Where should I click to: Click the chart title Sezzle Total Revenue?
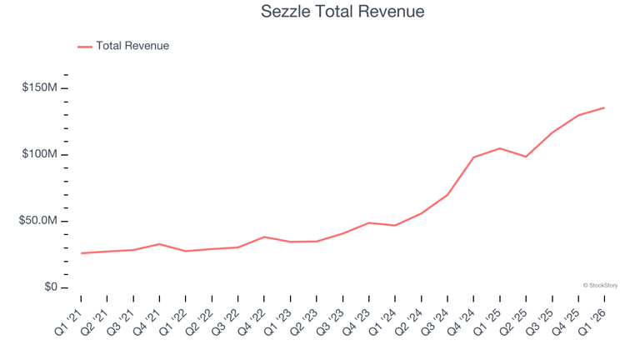[x=342, y=12]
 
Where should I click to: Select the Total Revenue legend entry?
[x=123, y=46]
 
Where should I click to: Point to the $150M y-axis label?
[x=40, y=87]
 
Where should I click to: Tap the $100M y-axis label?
[x=40, y=154]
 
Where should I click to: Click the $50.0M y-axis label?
[x=38, y=220]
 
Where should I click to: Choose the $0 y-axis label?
[x=51, y=287]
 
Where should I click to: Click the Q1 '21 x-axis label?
[x=68, y=322]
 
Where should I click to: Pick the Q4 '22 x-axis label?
[x=252, y=322]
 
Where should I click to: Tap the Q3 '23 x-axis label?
[x=331, y=322]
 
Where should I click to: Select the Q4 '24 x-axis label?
[x=461, y=322]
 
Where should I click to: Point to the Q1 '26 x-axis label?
[x=592, y=322]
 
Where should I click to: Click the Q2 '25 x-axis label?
[x=514, y=322]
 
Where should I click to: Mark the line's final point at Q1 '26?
[x=604, y=107]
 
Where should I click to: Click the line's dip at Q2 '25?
[x=526, y=157]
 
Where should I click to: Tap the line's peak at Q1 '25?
[x=500, y=148]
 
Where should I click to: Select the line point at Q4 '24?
[x=474, y=157]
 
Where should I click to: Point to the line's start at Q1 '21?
[x=81, y=253]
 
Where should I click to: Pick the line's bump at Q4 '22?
[x=264, y=237]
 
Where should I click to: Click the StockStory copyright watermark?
[x=600, y=285]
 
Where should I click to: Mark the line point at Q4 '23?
[x=369, y=222]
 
